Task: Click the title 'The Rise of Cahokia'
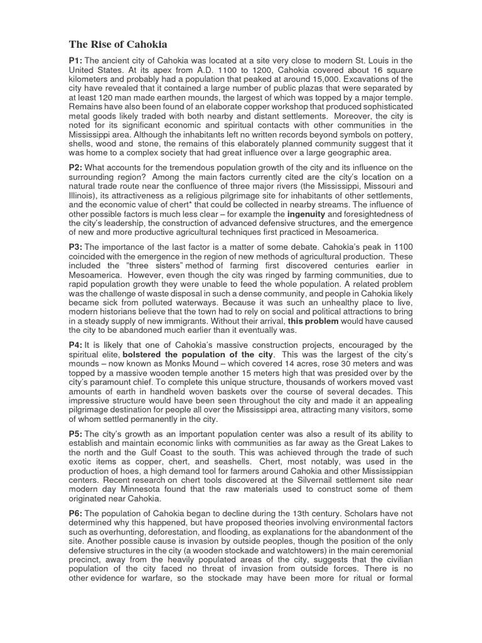tap(117, 45)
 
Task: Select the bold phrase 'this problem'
tap(313, 321)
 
